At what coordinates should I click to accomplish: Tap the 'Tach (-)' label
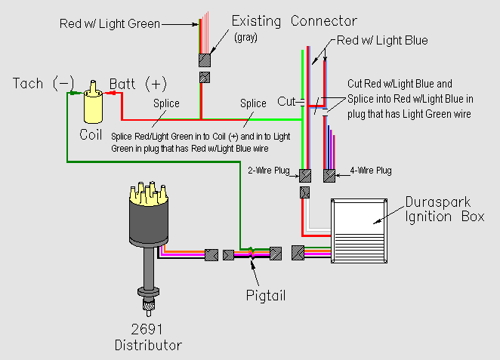click(x=44, y=83)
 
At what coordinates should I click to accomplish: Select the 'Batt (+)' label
click(x=138, y=83)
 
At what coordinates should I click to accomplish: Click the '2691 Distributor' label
click(x=148, y=338)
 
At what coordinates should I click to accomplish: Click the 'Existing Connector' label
click(x=295, y=20)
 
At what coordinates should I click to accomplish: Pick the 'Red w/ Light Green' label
click(x=110, y=23)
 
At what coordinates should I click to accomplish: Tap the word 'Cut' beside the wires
click(x=286, y=101)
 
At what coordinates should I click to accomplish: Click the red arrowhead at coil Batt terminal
click(x=109, y=93)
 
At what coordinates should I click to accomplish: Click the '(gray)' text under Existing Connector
click(x=245, y=37)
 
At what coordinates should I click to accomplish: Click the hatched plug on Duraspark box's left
click(x=298, y=254)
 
